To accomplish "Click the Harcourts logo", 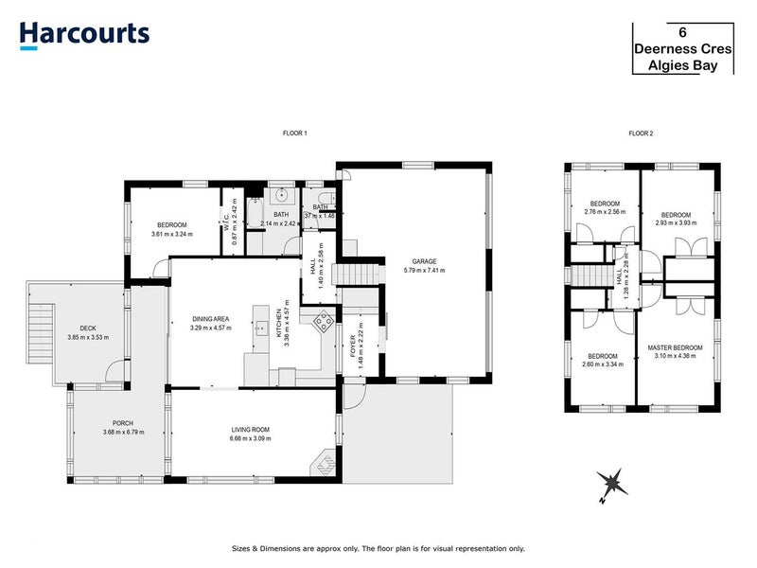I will pyautogui.click(x=84, y=33).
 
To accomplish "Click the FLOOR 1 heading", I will pyautogui.click(x=295, y=133).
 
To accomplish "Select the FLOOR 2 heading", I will pyautogui.click(x=642, y=133).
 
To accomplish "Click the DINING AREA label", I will pyautogui.click(x=210, y=319).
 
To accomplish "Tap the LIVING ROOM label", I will pyautogui.click(x=250, y=430).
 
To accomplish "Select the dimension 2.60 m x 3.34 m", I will pyautogui.click(x=596, y=364).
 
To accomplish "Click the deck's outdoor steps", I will pyautogui.click(x=40, y=330).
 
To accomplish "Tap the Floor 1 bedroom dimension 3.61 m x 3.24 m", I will pyautogui.click(x=171, y=234).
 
